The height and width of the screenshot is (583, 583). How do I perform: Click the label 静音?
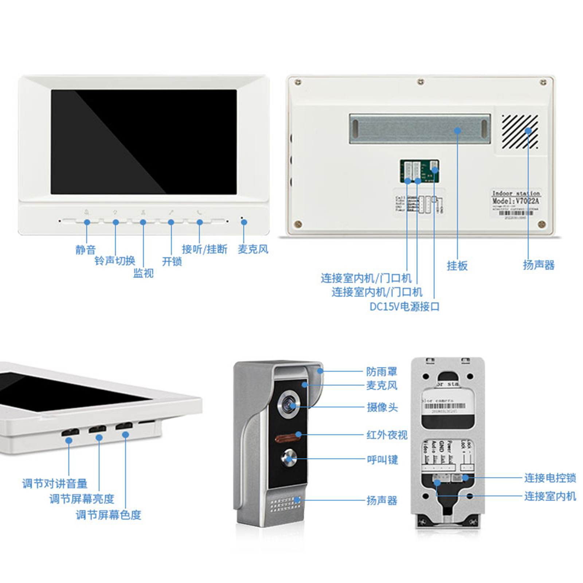pos(85,250)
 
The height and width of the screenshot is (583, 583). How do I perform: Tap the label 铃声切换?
pos(115,261)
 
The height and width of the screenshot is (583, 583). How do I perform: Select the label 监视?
pos(143,273)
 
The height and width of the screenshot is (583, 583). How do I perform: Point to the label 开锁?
pos(172,261)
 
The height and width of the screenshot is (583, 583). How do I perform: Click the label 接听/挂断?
pos(204,249)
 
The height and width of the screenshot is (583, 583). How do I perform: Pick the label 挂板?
pos(457,266)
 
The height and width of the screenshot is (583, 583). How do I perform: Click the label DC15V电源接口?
pos(404,307)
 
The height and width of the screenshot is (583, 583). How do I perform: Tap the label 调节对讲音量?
pos(55,484)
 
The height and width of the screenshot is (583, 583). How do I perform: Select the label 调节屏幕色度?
pos(108,515)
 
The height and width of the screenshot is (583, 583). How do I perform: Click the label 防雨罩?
pos(382,372)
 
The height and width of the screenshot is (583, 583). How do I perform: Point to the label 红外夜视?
pos(387,435)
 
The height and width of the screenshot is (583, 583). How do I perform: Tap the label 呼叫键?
pos(382,460)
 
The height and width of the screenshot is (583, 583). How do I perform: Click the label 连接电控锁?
pos(550,478)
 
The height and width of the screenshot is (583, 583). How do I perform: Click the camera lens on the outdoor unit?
pos(290,404)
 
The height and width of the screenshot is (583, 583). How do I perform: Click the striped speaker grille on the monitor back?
pos(520,132)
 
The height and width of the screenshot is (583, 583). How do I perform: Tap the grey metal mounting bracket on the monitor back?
pos(420,129)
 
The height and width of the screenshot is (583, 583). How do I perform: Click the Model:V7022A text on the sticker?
pos(516,201)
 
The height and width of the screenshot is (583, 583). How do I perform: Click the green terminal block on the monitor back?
pos(419,171)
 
